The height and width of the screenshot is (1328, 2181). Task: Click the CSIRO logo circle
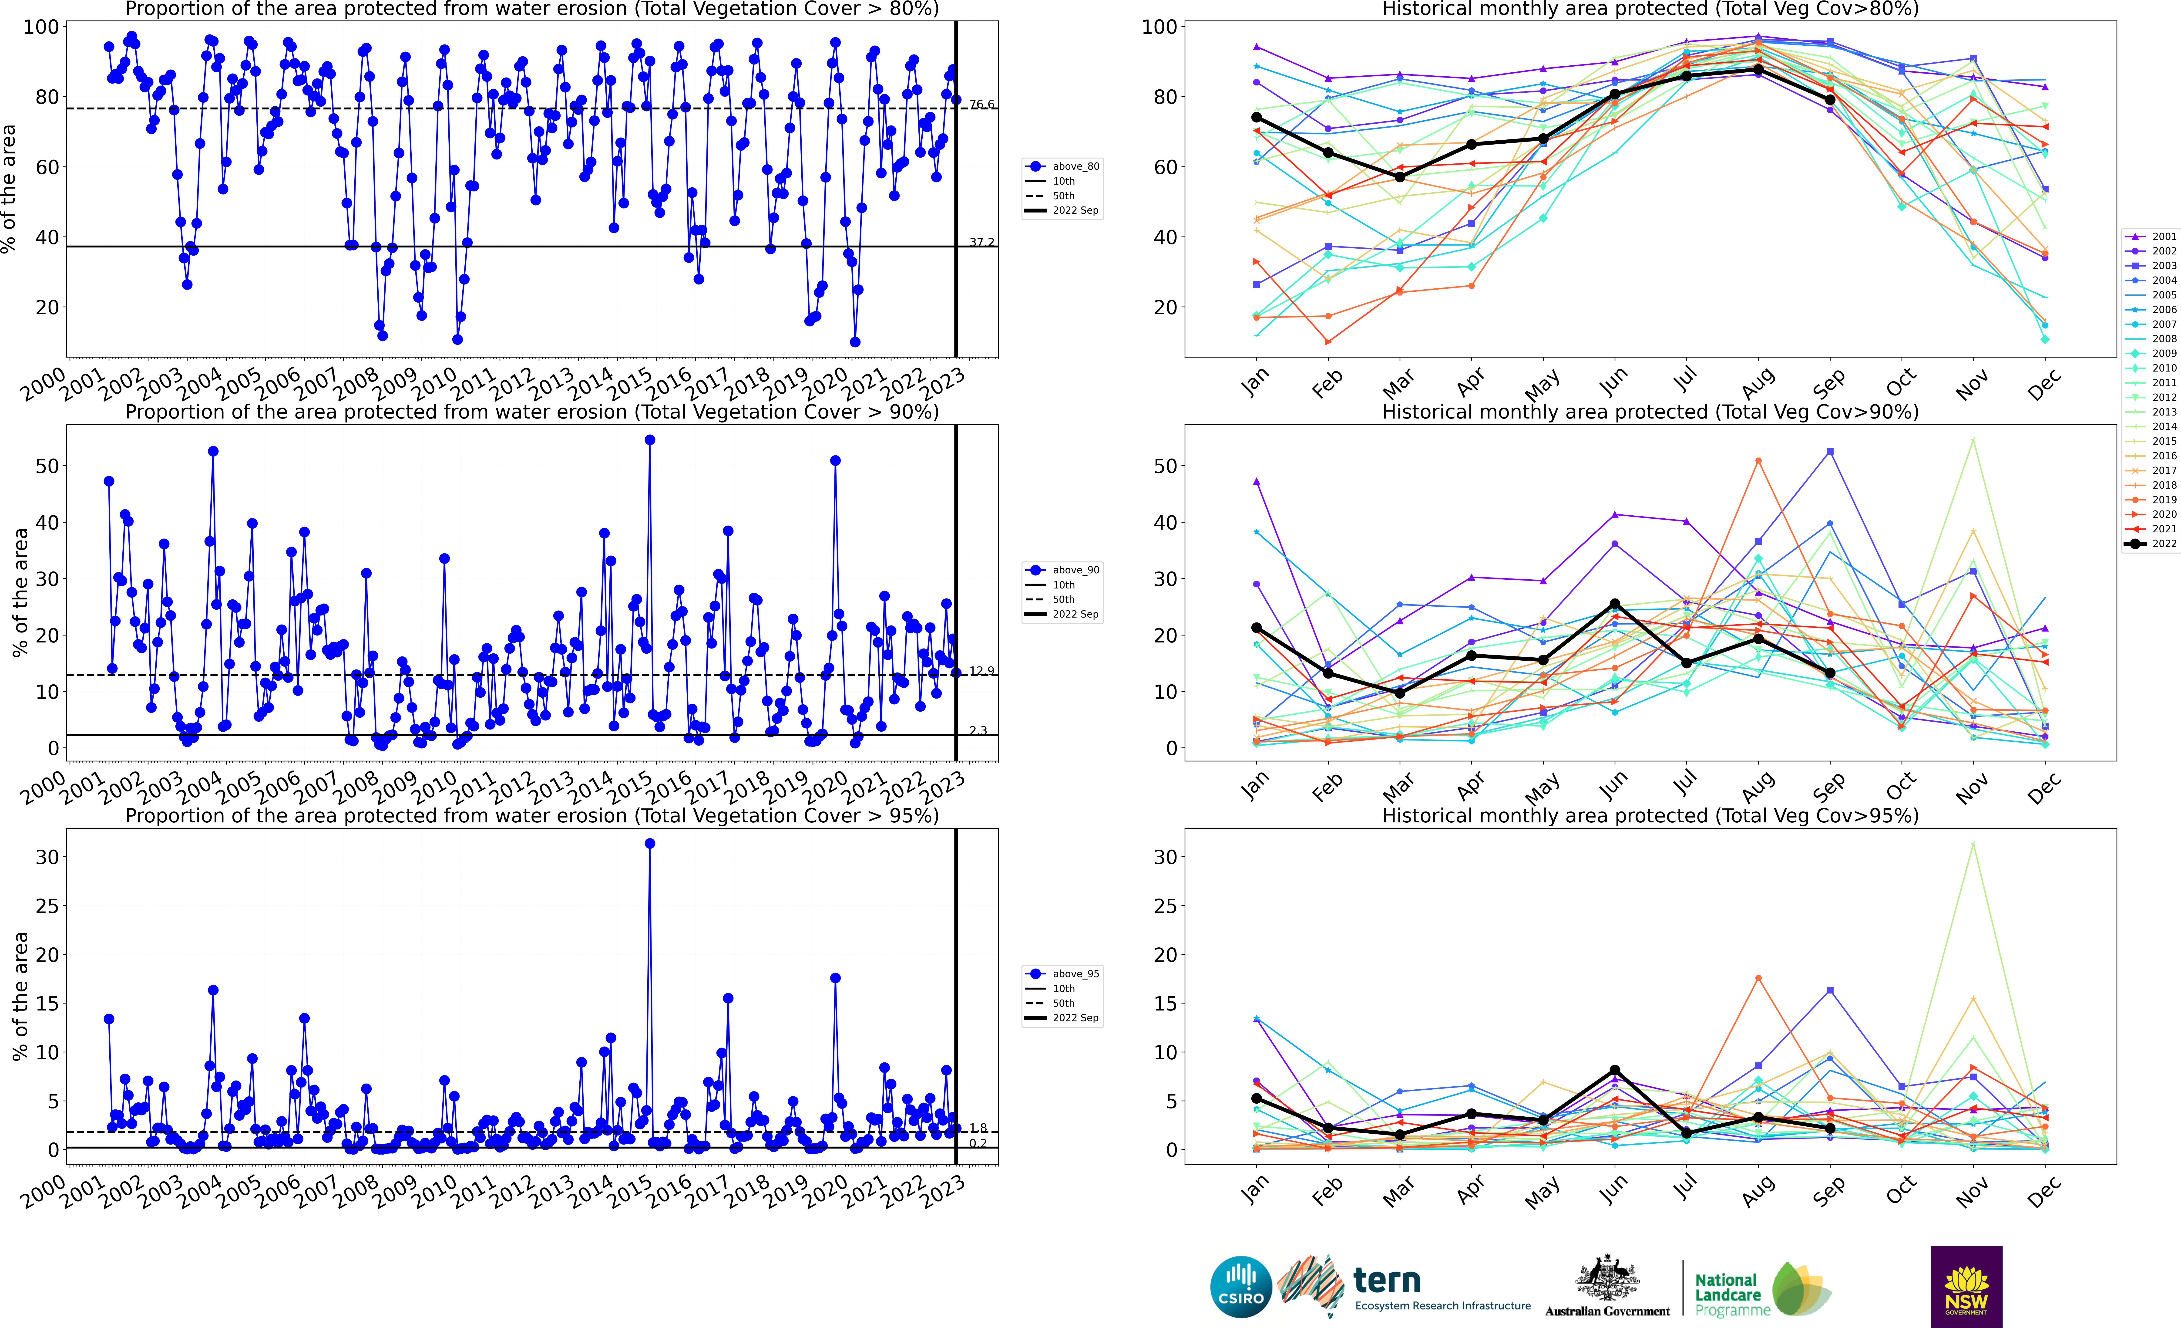pyautogui.click(x=1241, y=1286)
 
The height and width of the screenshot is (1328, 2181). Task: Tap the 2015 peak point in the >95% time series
pyautogui.click(x=650, y=844)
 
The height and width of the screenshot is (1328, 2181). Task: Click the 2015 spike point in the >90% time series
pyautogui.click(x=650, y=440)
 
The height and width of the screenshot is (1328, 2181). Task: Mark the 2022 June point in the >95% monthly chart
pyautogui.click(x=1614, y=1070)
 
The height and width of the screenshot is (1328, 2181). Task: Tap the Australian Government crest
pyautogui.click(x=1606, y=1277)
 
